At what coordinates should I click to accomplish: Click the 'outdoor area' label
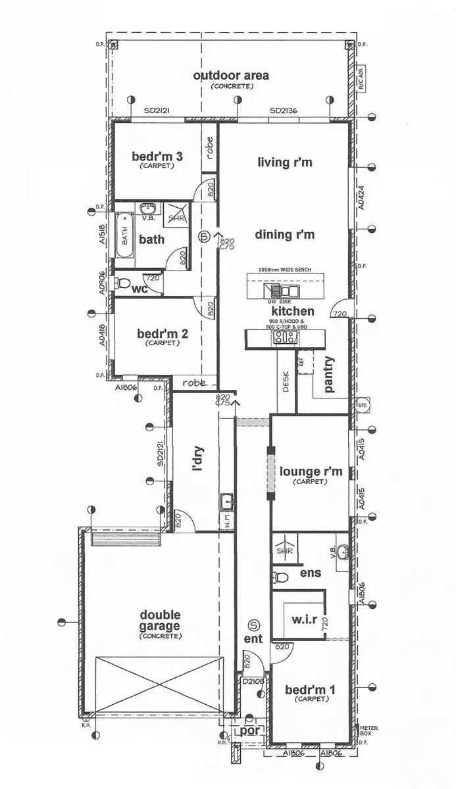point(230,76)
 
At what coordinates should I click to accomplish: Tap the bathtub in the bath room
point(125,235)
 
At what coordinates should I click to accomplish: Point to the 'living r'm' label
point(284,162)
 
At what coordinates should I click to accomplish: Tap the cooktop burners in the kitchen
point(284,337)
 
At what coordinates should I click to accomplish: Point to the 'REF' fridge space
point(302,361)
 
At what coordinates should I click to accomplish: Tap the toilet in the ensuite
point(280,577)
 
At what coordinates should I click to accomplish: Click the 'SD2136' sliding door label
point(284,112)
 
